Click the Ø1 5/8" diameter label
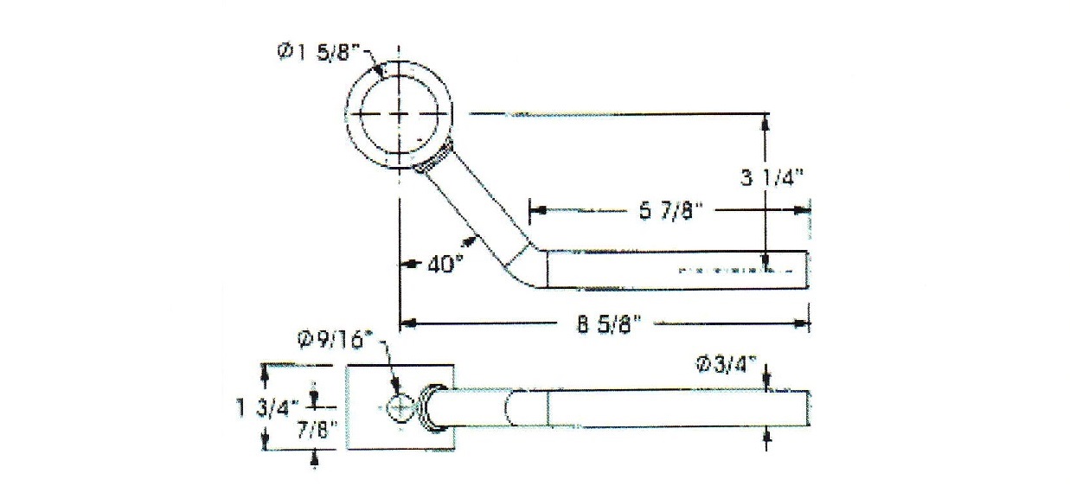pos(318,51)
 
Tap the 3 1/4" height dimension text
pos(772,178)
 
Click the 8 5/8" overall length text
pos(607,325)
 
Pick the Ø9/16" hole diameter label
pos(334,341)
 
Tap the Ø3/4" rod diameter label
pos(726,367)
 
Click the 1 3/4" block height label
pos(267,409)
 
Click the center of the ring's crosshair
pos(400,114)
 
